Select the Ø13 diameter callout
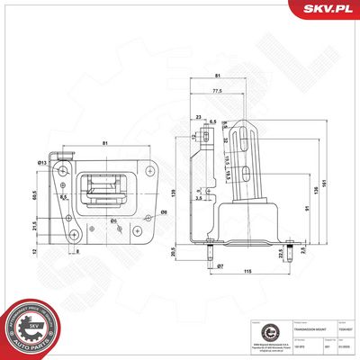(x=42, y=162)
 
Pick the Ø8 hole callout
(x=164, y=212)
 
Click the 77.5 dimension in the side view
(x=217, y=92)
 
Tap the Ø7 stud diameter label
(x=219, y=267)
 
